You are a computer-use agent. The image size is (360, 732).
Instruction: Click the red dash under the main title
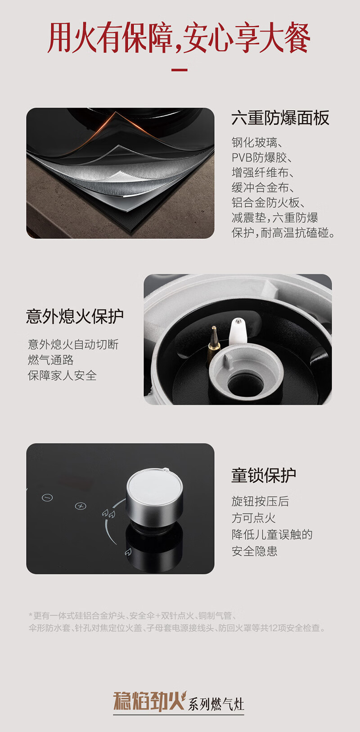[180, 70]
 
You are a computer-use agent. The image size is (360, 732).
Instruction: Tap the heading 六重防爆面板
[280, 118]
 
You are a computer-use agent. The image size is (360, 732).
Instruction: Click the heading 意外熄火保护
[75, 316]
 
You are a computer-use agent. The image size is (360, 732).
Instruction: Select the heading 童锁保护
[264, 475]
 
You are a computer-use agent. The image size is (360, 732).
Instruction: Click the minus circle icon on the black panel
[47, 498]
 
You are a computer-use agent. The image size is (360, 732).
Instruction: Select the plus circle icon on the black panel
[81, 506]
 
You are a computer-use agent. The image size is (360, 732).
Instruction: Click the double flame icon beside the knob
[108, 514]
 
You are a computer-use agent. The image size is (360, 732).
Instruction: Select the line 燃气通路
[51, 360]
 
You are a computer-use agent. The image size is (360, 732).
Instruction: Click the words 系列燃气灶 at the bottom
[216, 704]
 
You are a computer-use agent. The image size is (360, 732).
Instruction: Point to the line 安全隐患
[254, 551]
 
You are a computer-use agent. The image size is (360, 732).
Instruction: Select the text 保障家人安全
[62, 375]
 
